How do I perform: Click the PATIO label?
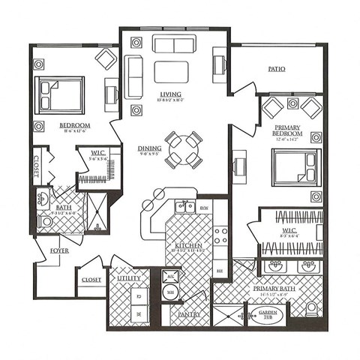(x=277, y=69)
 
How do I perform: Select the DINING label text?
(x=149, y=148)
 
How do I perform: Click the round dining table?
(x=183, y=149)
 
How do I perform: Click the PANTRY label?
(x=189, y=315)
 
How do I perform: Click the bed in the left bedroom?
(x=60, y=95)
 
